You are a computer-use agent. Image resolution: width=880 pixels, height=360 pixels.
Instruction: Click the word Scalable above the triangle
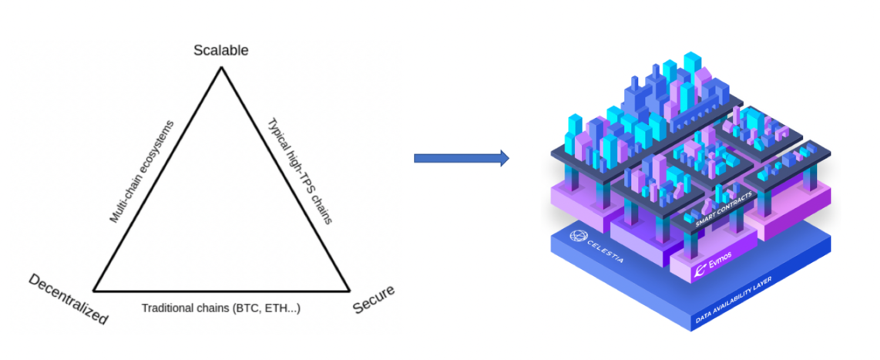tap(220, 51)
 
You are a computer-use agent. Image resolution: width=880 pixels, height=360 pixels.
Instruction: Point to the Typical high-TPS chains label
tap(299, 170)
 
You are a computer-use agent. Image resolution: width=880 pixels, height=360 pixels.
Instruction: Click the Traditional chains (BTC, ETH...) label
tap(220, 308)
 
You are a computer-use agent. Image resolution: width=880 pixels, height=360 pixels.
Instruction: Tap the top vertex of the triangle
tap(221, 68)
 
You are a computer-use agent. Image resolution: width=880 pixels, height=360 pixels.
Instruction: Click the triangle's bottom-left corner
tap(94, 291)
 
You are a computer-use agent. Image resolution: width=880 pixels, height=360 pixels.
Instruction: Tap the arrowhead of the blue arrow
tap(502, 159)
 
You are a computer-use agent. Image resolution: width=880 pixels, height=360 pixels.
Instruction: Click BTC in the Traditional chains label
tap(245, 308)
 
